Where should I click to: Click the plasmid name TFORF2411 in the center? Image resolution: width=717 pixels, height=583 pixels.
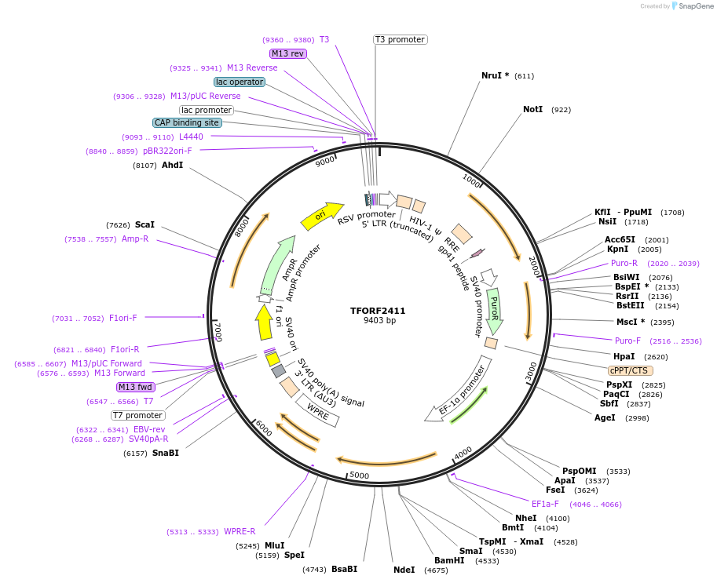click(x=378, y=310)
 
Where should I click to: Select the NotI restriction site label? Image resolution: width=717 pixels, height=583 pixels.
click(x=532, y=109)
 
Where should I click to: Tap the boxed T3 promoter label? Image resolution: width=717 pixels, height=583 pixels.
click(x=400, y=39)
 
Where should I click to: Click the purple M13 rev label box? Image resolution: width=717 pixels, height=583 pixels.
click(x=287, y=53)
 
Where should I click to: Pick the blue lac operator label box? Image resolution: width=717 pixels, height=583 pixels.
click(x=239, y=82)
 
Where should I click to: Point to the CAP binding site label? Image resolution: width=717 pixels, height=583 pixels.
click(x=187, y=122)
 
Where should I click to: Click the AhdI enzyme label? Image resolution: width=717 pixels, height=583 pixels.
click(x=172, y=165)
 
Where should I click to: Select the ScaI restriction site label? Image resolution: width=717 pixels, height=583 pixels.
click(x=144, y=224)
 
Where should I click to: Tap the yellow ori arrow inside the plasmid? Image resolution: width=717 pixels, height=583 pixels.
click(x=322, y=215)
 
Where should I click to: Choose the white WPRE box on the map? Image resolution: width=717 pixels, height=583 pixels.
click(x=318, y=410)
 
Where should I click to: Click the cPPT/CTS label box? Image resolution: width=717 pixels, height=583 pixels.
click(x=630, y=370)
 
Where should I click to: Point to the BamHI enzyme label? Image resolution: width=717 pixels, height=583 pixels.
click(x=449, y=560)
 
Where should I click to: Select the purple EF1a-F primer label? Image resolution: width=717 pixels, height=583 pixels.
click(x=545, y=504)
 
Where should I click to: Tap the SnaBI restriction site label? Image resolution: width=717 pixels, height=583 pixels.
click(x=165, y=453)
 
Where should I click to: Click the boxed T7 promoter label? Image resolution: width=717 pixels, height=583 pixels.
click(x=137, y=415)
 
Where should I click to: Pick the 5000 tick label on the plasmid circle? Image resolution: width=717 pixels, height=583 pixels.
click(x=359, y=475)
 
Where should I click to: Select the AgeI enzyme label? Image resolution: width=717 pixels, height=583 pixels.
click(x=605, y=417)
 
